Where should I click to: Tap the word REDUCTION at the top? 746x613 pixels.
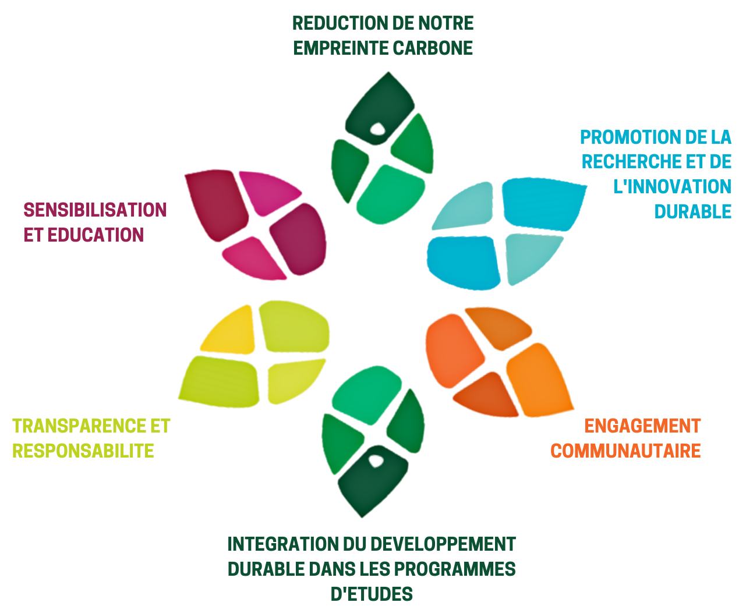[337, 23]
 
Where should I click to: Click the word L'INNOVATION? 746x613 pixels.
[672, 187]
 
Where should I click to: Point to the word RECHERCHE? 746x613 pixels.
[631, 162]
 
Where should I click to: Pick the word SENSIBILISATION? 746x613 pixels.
[95, 210]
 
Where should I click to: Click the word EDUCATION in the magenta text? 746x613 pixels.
[96, 235]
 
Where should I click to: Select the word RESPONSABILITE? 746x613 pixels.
[83, 451]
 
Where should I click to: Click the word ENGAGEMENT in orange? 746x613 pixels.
[643, 426]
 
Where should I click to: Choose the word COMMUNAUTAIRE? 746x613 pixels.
[625, 451]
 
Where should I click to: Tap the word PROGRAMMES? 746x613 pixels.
[455, 569]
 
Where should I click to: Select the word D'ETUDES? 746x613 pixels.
[372, 594]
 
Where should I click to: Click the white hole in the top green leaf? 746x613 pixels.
[377, 129]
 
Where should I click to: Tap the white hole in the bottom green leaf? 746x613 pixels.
[376, 461]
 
